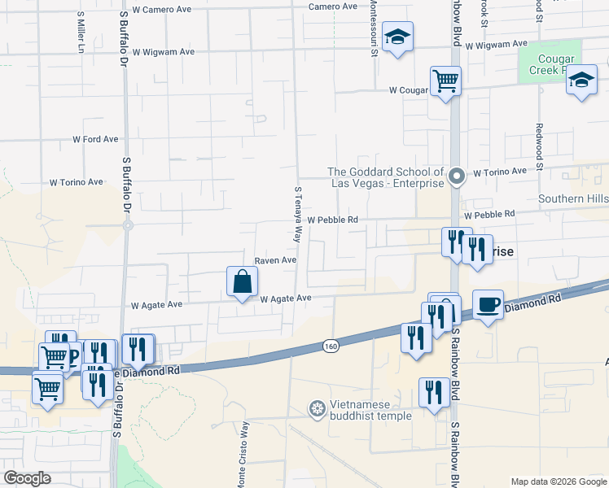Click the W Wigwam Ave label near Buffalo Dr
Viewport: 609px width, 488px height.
click(x=164, y=51)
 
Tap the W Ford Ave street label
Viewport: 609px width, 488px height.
click(x=95, y=139)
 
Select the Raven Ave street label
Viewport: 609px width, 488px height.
click(x=274, y=260)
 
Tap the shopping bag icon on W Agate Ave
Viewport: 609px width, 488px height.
click(x=243, y=282)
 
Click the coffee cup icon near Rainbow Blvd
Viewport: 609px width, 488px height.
click(x=488, y=304)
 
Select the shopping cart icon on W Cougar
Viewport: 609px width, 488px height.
click(x=445, y=81)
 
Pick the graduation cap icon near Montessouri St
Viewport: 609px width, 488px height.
click(x=398, y=37)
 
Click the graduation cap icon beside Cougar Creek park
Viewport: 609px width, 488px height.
click(x=581, y=80)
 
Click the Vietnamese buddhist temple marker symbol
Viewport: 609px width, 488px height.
click(x=317, y=407)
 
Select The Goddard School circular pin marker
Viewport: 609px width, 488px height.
click(x=458, y=175)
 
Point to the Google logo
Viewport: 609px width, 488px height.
click(x=27, y=477)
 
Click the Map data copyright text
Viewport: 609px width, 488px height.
click(x=558, y=481)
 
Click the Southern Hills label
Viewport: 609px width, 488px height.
click(x=572, y=198)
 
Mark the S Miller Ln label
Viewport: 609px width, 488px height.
click(x=81, y=33)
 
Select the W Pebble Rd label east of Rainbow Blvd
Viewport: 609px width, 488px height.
click(x=490, y=214)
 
